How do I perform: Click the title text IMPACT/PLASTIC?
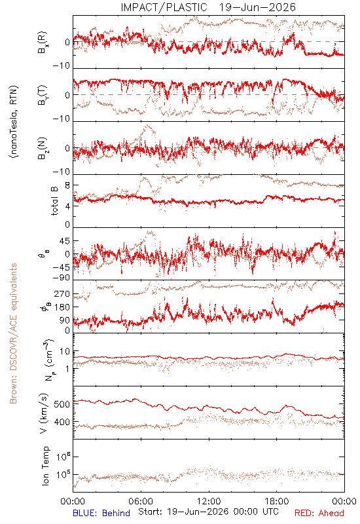[164, 7]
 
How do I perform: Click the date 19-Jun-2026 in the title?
[257, 7]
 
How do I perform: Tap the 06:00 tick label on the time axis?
[141, 501]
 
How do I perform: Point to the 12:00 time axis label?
[209, 501]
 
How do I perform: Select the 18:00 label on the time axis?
[277, 501]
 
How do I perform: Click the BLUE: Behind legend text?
[101, 513]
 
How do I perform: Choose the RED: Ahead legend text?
[319, 513]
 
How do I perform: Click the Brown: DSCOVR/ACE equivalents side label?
[13, 333]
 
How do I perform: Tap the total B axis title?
[54, 201]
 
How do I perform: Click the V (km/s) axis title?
[45, 413]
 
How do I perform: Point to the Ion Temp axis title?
[45, 466]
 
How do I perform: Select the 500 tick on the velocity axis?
[62, 404]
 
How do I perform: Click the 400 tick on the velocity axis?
[62, 422]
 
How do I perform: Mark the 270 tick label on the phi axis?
[62, 293]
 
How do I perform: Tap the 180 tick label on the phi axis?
[62, 307]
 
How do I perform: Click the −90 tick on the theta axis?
[61, 278]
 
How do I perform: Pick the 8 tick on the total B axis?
[67, 185]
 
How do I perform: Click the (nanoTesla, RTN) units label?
[14, 122]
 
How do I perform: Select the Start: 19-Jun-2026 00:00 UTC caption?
[208, 512]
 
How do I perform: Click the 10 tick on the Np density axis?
[65, 351]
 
